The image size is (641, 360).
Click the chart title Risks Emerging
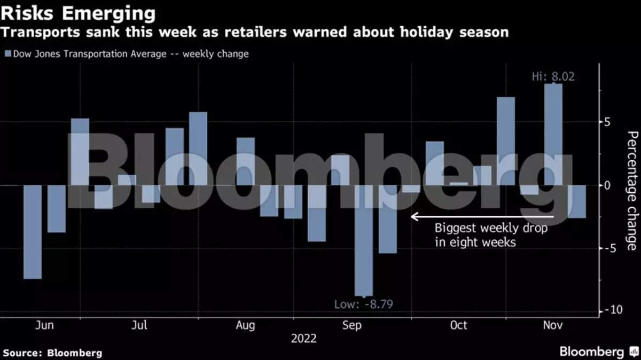[79, 12]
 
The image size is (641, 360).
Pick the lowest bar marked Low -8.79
[364, 240]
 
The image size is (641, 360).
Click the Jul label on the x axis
[139, 325]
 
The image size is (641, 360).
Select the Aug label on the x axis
[245, 325]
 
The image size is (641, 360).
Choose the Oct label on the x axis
[458, 325]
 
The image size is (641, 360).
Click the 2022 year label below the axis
[303, 339]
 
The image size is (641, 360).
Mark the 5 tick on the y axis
[606, 122]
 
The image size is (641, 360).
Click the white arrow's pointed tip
[411, 216]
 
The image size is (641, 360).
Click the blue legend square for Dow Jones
[7, 54]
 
